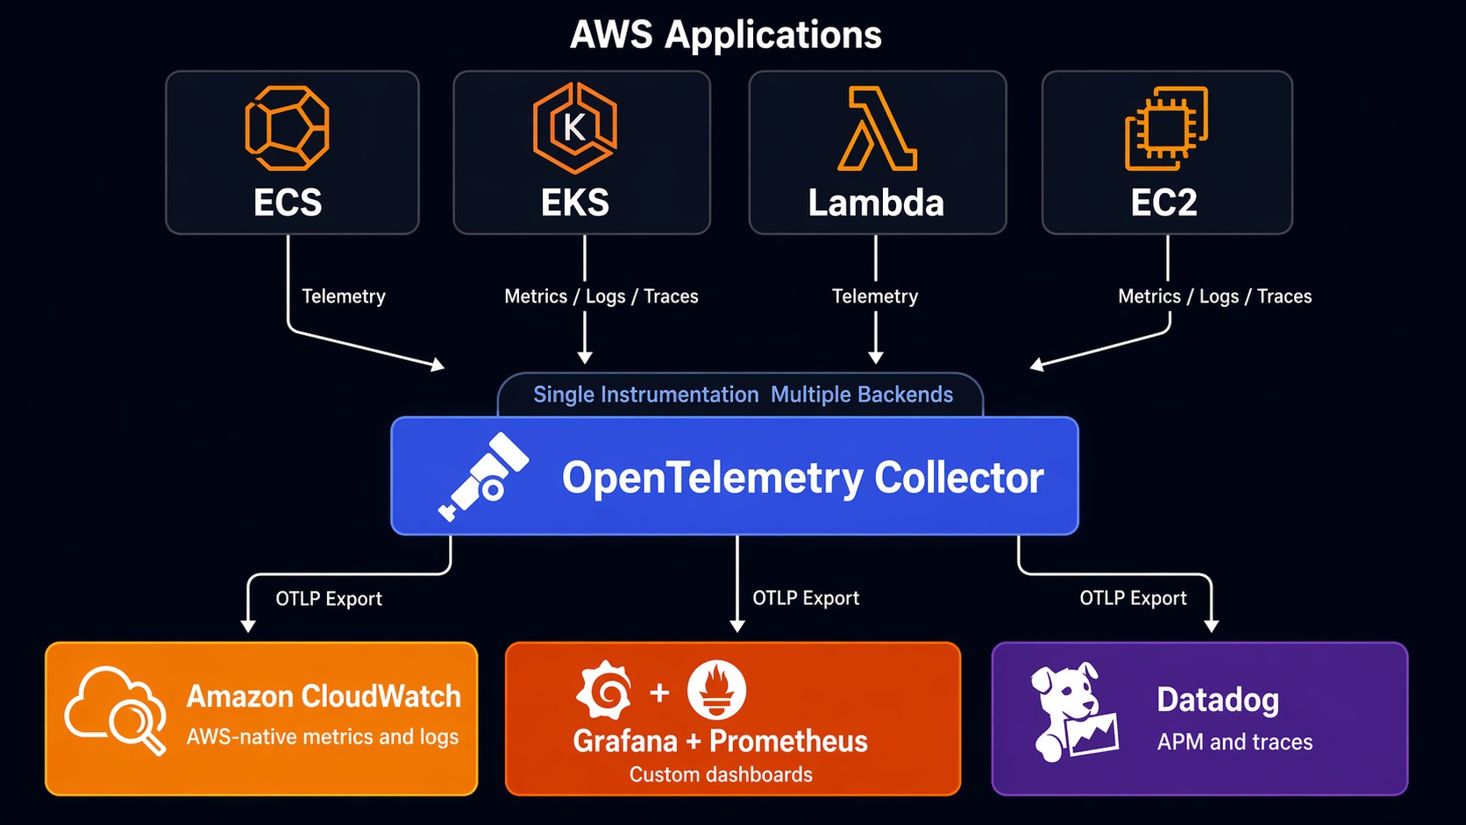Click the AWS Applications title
[x=725, y=35]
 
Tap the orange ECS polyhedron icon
[x=287, y=128]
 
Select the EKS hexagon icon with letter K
[x=575, y=128]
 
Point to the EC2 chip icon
[x=1165, y=128]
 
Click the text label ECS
[x=288, y=203]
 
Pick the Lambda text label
[x=876, y=203]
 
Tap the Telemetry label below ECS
[x=344, y=296]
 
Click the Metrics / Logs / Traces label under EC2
[x=1214, y=296]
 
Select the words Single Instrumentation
[x=645, y=395]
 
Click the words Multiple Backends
[x=861, y=395]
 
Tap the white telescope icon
[x=484, y=476]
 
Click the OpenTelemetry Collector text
[x=802, y=478]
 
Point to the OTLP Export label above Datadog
[x=1133, y=598]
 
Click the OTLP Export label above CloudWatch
[x=329, y=599]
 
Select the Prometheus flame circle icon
[x=716, y=690]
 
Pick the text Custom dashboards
[x=721, y=775]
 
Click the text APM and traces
[x=1235, y=743]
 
